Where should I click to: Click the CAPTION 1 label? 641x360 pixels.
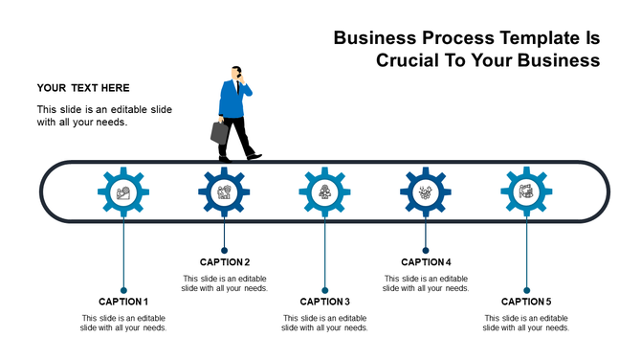coord(123,302)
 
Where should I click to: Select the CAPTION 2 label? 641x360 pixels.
coord(225,262)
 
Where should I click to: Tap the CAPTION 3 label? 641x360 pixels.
coord(325,302)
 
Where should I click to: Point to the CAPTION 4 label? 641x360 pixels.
coord(426,262)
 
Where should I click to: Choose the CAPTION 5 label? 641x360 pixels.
coord(526,302)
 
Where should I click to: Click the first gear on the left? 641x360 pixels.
coord(123,192)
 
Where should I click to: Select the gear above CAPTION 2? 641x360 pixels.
coord(224,192)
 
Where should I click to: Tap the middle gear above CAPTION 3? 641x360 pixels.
coord(325,192)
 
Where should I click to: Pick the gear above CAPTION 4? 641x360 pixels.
coord(426,192)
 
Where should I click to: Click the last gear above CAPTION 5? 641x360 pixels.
coord(526,192)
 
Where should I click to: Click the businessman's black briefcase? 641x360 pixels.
coord(220,132)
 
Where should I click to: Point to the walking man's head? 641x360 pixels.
coord(235,73)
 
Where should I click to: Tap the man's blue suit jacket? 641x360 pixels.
coord(232,99)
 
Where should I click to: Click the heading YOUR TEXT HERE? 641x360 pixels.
coord(83,88)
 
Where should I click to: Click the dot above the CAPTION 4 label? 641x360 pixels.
coord(426,251)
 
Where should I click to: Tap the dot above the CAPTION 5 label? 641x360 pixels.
coord(526,289)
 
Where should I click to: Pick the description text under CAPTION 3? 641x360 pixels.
coord(325,323)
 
